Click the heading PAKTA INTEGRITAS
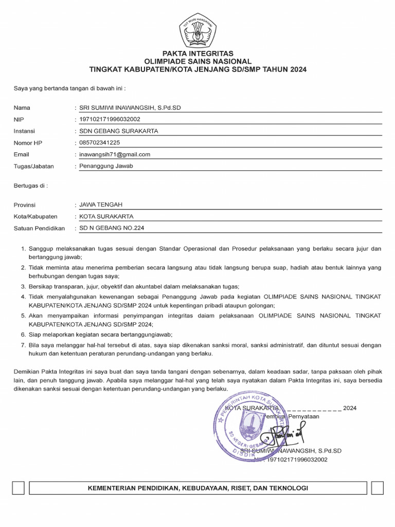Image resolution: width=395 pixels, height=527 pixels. click(x=197, y=54)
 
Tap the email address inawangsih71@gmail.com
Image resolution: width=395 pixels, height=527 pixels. click(x=114, y=154)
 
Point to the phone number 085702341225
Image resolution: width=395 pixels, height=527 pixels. click(x=100, y=143)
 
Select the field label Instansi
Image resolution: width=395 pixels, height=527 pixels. click(x=24, y=131)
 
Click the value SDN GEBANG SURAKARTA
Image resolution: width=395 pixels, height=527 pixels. click(x=118, y=131)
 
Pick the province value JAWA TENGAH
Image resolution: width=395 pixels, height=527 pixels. click(x=101, y=205)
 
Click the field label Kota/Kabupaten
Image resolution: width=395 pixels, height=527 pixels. click(x=35, y=217)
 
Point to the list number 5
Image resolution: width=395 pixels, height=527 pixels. click(x=23, y=315)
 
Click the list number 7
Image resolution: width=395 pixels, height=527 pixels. click(x=23, y=344)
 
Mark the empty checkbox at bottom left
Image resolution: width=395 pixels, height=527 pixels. click(x=19, y=488)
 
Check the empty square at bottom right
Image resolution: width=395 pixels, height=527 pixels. click(x=377, y=488)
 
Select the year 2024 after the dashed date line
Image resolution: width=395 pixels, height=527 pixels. click(x=350, y=408)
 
